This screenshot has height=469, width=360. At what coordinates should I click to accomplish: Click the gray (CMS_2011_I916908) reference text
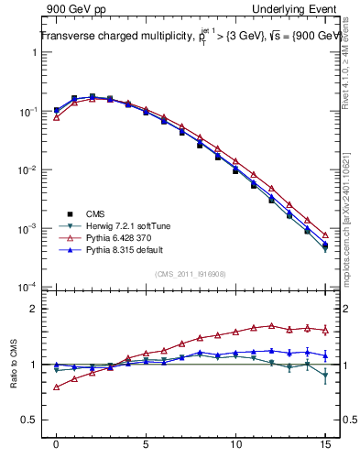(191, 272)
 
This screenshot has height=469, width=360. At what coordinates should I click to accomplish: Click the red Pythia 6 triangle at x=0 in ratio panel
(56, 387)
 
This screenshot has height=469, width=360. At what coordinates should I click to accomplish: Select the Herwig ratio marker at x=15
(325, 375)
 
